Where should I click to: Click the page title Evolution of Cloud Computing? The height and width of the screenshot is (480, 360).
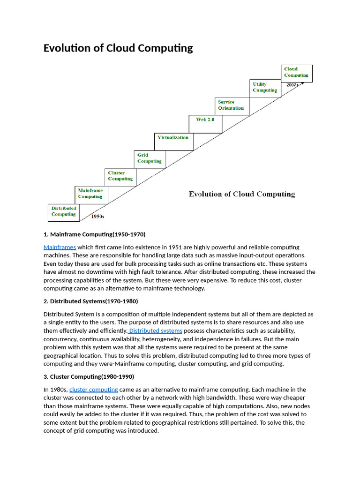coord(118,48)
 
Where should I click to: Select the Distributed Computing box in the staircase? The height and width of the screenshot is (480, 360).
coord(64,212)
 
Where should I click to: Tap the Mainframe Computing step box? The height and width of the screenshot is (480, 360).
coord(90,194)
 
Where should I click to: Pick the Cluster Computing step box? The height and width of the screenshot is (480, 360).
coord(120,176)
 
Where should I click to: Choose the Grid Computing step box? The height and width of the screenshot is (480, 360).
coord(150,158)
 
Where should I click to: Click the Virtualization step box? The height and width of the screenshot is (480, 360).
coord(173,138)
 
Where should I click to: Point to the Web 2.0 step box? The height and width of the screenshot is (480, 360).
coord(205,120)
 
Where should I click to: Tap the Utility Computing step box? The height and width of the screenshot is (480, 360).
coord(265,88)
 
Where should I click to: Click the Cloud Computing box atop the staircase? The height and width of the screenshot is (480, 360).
coord(296,72)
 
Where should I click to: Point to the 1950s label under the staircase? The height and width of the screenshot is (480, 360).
coord(97,217)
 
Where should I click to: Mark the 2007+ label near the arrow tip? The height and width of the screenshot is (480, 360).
coord(292,85)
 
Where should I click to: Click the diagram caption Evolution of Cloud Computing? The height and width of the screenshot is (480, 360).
coord(242,194)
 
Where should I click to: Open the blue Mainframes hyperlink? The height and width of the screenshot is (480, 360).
coord(60,247)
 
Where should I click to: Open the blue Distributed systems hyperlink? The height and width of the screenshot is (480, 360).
coord(156,331)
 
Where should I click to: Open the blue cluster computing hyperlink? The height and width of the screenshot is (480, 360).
coord(94,390)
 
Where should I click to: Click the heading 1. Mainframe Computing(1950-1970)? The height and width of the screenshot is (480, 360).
coord(94,234)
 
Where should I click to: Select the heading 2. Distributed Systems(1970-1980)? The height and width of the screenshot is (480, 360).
coord(91,301)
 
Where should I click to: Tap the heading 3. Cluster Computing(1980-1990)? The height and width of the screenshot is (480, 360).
coord(89,376)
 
